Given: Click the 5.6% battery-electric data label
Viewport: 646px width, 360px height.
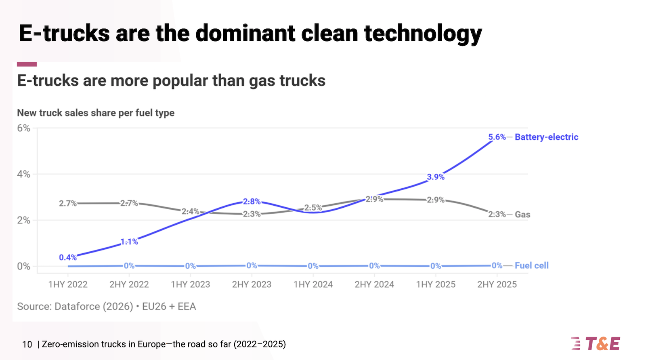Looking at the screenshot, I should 497,137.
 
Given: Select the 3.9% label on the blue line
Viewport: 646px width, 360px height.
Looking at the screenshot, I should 435,177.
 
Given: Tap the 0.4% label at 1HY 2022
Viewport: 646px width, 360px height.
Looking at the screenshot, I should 67,257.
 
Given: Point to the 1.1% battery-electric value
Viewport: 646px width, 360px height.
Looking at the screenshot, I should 129,242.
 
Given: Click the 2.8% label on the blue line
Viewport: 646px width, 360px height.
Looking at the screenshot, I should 252,202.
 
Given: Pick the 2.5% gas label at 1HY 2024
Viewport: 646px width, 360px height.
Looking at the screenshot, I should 313,208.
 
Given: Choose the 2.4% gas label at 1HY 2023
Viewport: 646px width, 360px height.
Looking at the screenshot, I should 190,211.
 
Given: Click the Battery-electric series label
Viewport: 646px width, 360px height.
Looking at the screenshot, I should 546,137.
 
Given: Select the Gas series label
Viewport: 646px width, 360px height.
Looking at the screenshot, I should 522,215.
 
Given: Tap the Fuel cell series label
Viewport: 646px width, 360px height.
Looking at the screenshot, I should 531,265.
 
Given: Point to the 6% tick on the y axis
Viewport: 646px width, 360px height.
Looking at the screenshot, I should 23,128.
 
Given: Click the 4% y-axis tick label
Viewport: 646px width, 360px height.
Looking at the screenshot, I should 23,174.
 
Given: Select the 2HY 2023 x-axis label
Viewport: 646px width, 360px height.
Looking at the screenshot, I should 252,284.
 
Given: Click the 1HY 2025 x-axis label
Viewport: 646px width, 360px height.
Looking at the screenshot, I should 436,284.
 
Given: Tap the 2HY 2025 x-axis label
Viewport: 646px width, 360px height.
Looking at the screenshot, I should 497,284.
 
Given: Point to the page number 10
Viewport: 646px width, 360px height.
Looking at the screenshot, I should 27,344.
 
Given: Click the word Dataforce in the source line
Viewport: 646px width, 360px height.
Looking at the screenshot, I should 77,306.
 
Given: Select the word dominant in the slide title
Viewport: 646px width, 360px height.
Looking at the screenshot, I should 245,33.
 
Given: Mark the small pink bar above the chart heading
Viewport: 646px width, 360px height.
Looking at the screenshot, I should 27,64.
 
